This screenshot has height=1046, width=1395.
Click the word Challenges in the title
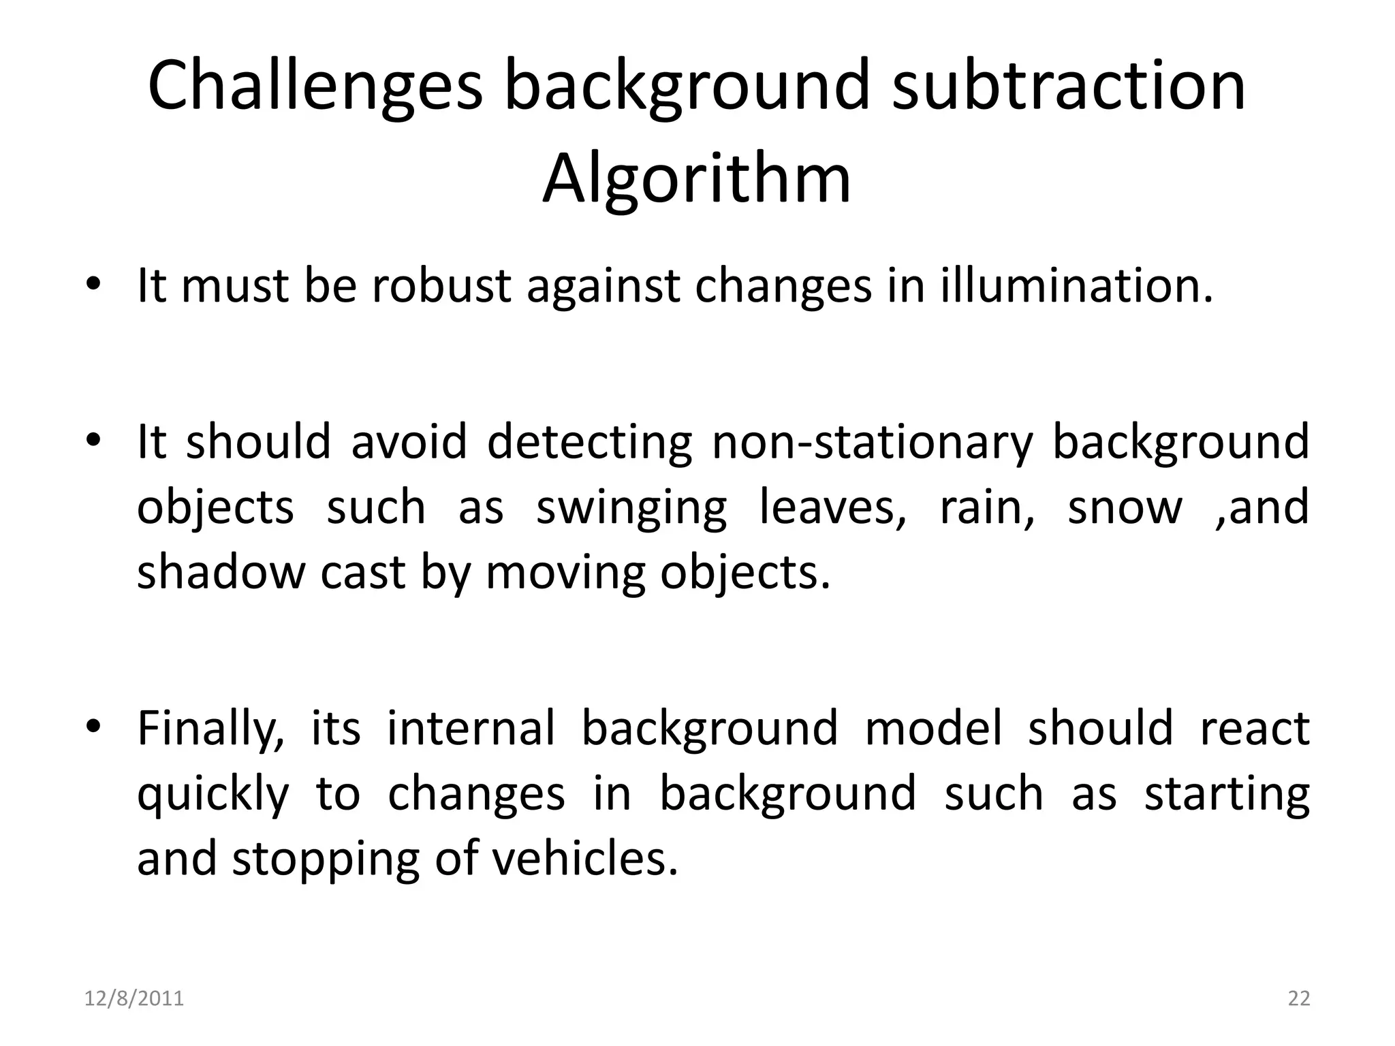pos(315,86)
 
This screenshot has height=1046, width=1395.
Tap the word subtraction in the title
pos(1069,86)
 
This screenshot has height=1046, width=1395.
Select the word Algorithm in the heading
pos(696,179)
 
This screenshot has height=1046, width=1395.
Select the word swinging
pos(631,508)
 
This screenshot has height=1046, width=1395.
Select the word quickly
pos(213,794)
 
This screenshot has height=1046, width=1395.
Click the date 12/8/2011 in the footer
pos(134,998)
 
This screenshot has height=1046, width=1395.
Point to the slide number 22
pos(1299,998)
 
